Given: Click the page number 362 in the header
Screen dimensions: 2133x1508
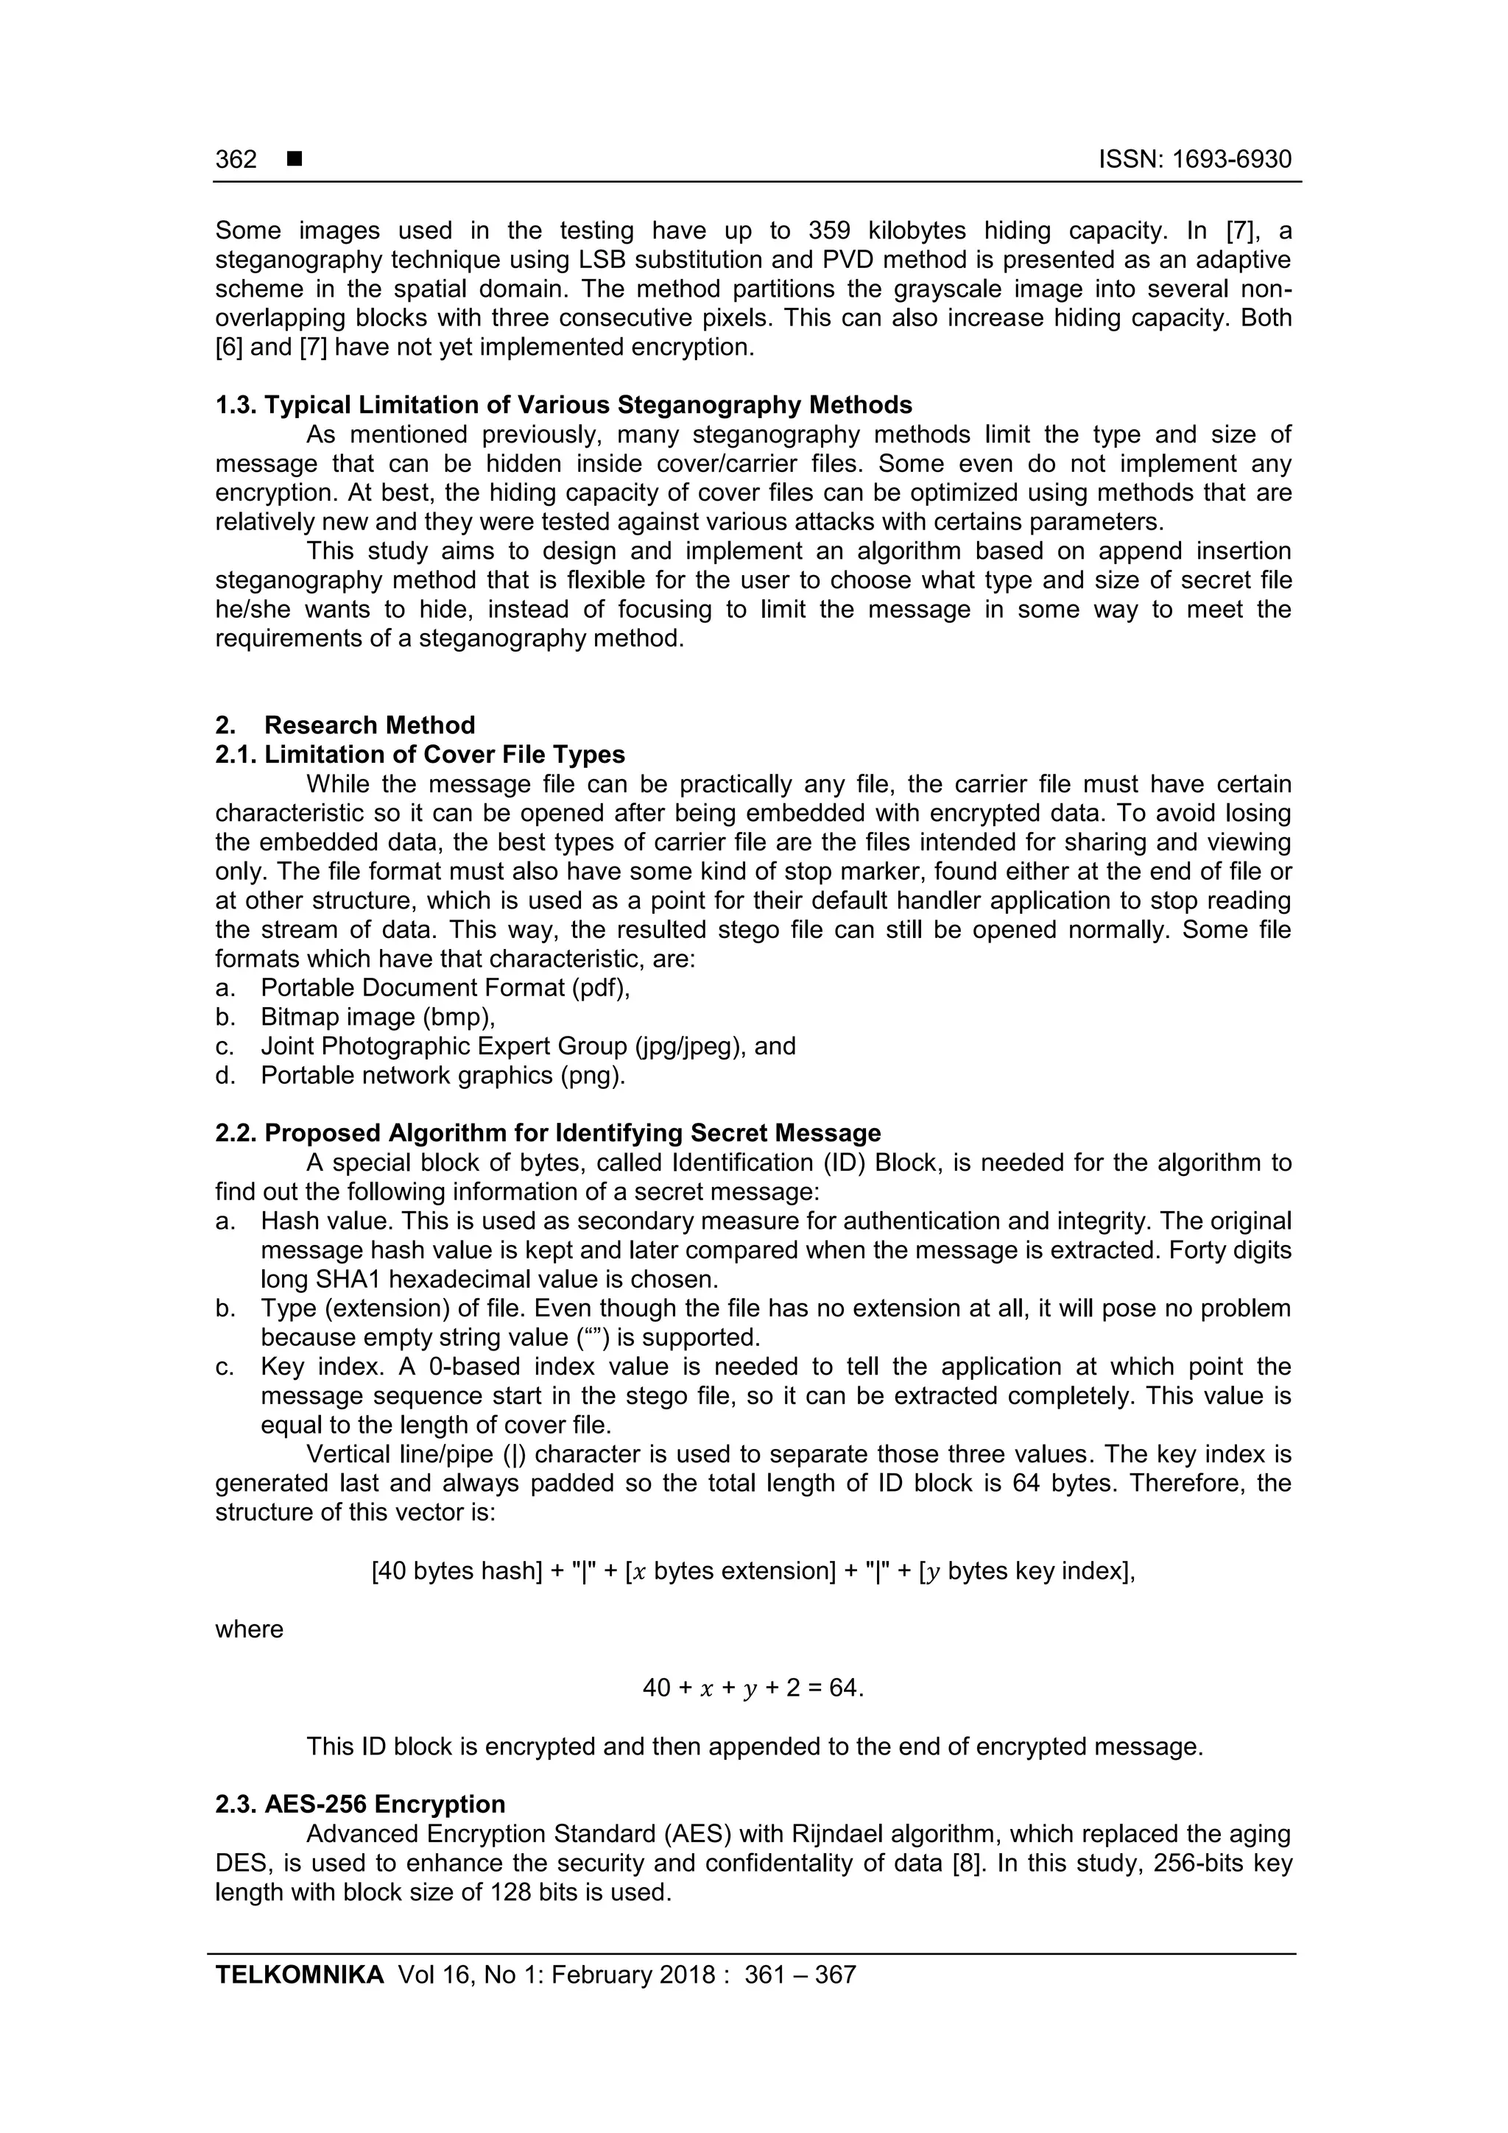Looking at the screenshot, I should (x=236, y=160).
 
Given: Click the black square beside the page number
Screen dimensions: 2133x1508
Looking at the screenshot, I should (x=295, y=160).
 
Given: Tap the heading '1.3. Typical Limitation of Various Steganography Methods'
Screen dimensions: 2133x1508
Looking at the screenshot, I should (x=563, y=405).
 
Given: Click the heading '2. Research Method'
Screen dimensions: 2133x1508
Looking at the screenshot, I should (x=345, y=724).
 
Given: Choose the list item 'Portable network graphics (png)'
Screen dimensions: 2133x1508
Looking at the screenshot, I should (x=443, y=1075).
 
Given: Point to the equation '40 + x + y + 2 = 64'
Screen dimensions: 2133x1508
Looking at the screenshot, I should (x=753, y=1688).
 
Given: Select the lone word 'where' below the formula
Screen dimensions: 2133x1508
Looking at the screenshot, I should (x=249, y=1629).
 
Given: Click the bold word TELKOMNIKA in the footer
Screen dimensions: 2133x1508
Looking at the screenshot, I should (x=299, y=1975).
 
